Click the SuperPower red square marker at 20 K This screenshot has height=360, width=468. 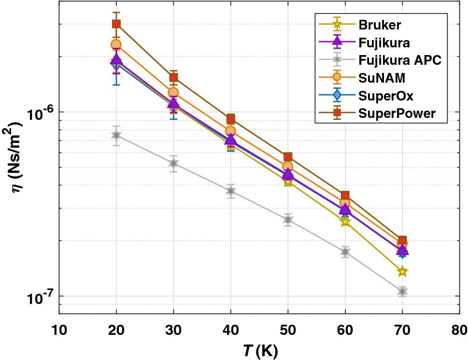click(116, 24)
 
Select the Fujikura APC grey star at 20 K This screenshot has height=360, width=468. click(116, 135)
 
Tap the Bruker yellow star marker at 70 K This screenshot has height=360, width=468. click(402, 272)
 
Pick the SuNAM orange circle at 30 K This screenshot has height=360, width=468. click(173, 92)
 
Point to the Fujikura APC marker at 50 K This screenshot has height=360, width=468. click(288, 220)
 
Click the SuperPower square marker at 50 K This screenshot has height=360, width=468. click(288, 157)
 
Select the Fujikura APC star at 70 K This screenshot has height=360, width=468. click(402, 291)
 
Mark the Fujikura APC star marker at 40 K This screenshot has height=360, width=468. click(231, 191)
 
